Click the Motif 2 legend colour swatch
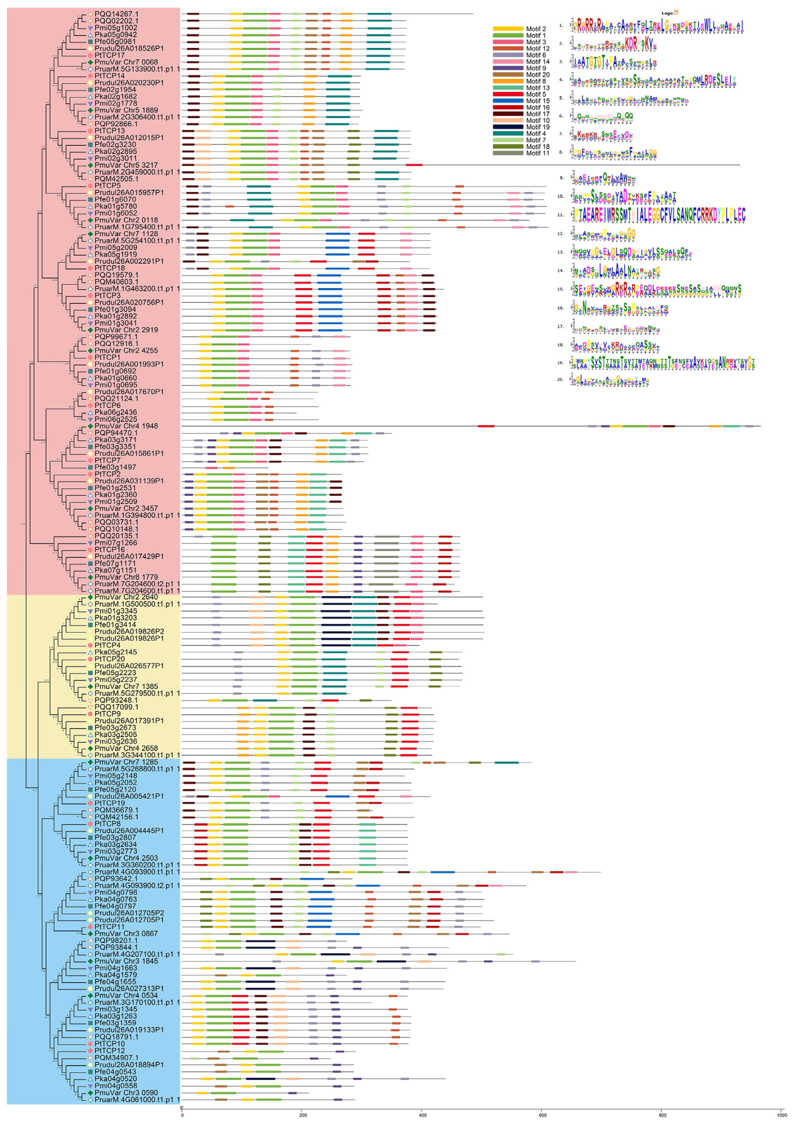(x=508, y=29)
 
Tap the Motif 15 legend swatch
(x=508, y=101)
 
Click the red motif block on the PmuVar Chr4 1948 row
(x=486, y=426)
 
